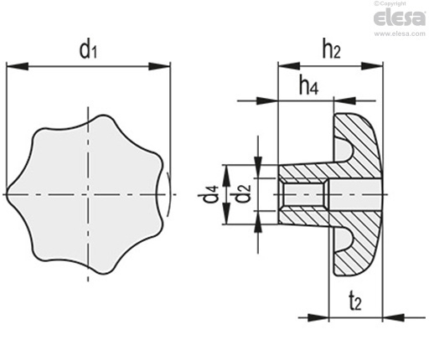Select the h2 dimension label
(332, 49)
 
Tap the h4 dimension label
(308, 85)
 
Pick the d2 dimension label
(241, 193)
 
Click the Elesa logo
(400, 18)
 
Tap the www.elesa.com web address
(400, 33)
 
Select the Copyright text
(390, 3)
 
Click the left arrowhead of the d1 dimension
(17, 66)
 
